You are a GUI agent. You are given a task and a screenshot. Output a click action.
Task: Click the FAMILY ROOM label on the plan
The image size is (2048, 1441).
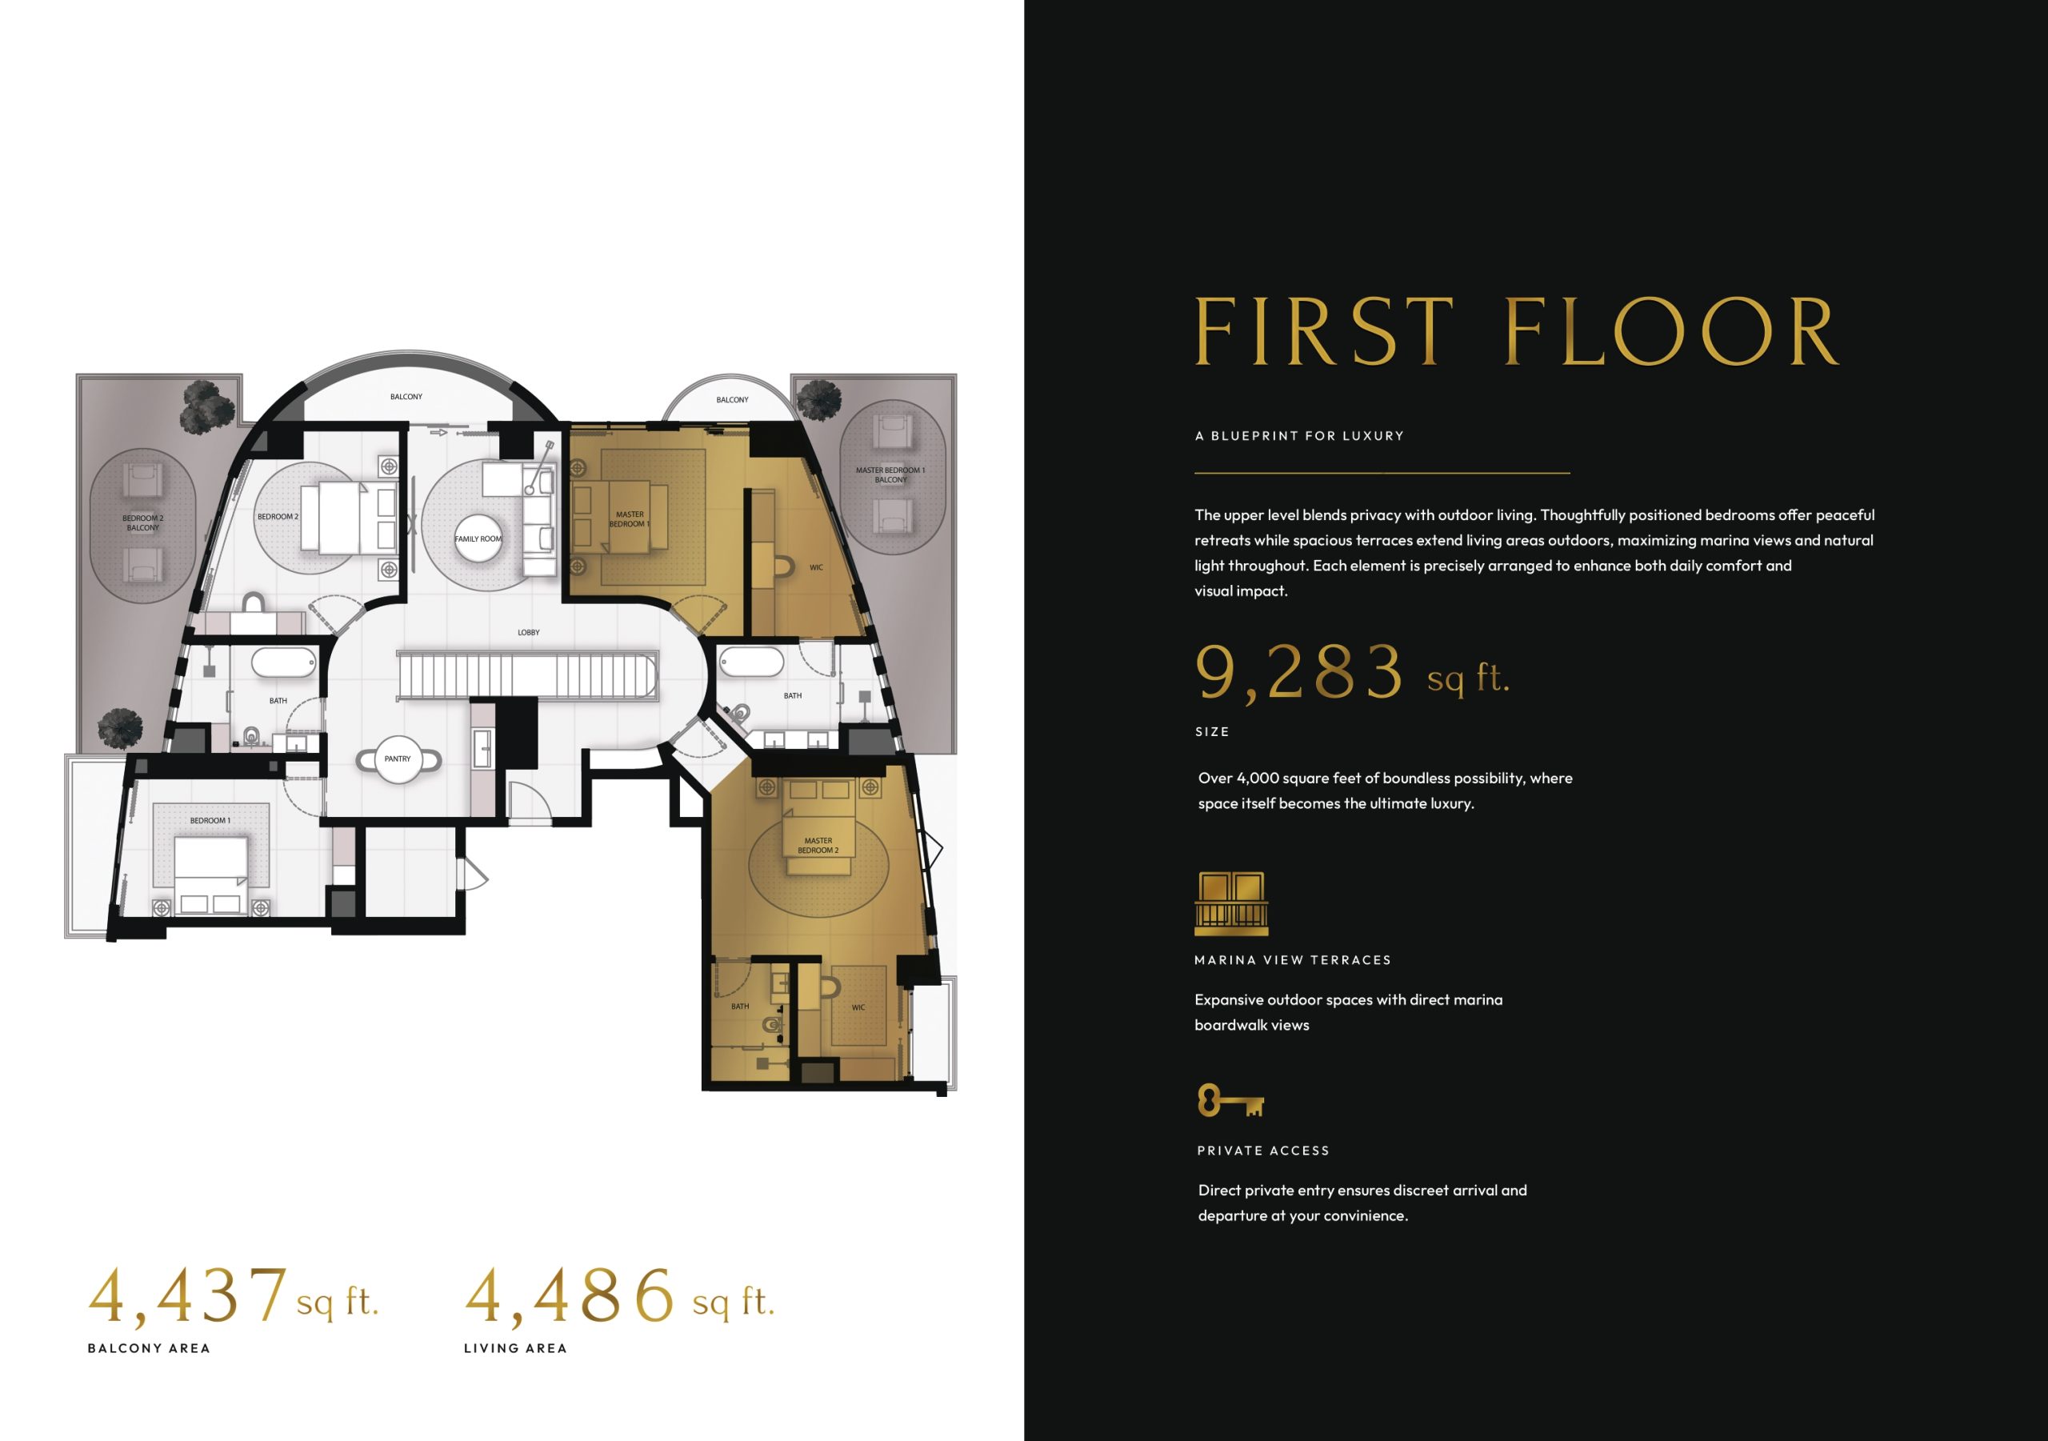pyautogui.click(x=479, y=539)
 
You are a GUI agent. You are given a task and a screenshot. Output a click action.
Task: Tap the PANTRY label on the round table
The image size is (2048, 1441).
pyautogui.click(x=398, y=759)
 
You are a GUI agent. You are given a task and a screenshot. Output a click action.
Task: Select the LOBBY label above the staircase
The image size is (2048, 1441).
pyautogui.click(x=529, y=633)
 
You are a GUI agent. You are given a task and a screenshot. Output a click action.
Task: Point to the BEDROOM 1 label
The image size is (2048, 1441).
pyautogui.click(x=210, y=821)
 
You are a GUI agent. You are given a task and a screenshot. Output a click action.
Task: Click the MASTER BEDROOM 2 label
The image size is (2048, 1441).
pyautogui.click(x=818, y=845)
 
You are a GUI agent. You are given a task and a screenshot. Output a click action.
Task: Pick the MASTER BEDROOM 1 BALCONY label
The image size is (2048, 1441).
pyautogui.click(x=890, y=474)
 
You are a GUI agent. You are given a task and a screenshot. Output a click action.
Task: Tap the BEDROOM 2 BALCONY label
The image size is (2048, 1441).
pyautogui.click(x=142, y=522)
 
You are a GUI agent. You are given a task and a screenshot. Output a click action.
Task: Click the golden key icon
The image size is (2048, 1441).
pyautogui.click(x=1231, y=1101)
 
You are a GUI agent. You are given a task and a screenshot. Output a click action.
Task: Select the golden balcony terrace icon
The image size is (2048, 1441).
pyautogui.click(x=1231, y=904)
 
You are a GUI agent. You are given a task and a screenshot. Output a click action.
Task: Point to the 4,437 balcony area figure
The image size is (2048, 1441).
pyautogui.click(x=188, y=1296)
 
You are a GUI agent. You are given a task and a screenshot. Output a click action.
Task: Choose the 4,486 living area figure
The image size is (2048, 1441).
pyautogui.click(x=569, y=1296)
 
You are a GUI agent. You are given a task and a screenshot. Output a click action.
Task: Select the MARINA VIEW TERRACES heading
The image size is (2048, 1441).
pyautogui.click(x=1293, y=960)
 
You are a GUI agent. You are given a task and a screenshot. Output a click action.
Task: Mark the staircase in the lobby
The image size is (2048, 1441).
pyautogui.click(x=527, y=676)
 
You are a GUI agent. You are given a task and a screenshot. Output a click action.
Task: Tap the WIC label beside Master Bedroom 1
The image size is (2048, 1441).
pyautogui.click(x=816, y=567)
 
